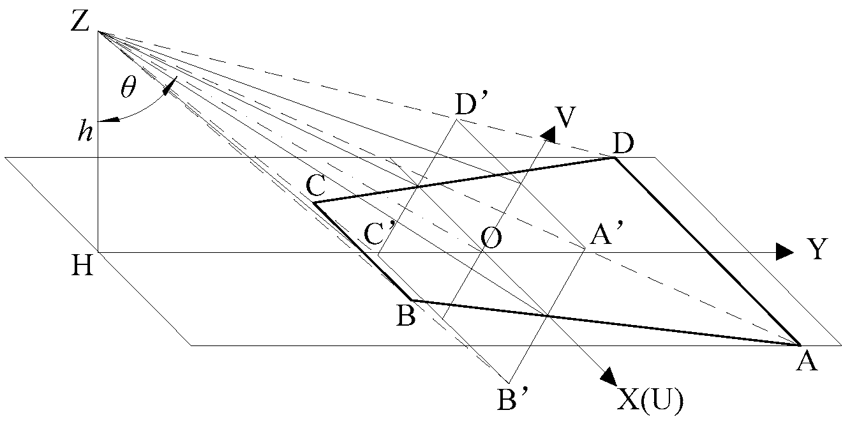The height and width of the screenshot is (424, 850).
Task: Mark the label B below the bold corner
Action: pyautogui.click(x=406, y=315)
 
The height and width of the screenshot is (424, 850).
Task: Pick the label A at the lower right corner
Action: pyautogui.click(x=806, y=362)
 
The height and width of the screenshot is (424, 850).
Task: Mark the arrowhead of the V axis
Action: pyautogui.click(x=546, y=133)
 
